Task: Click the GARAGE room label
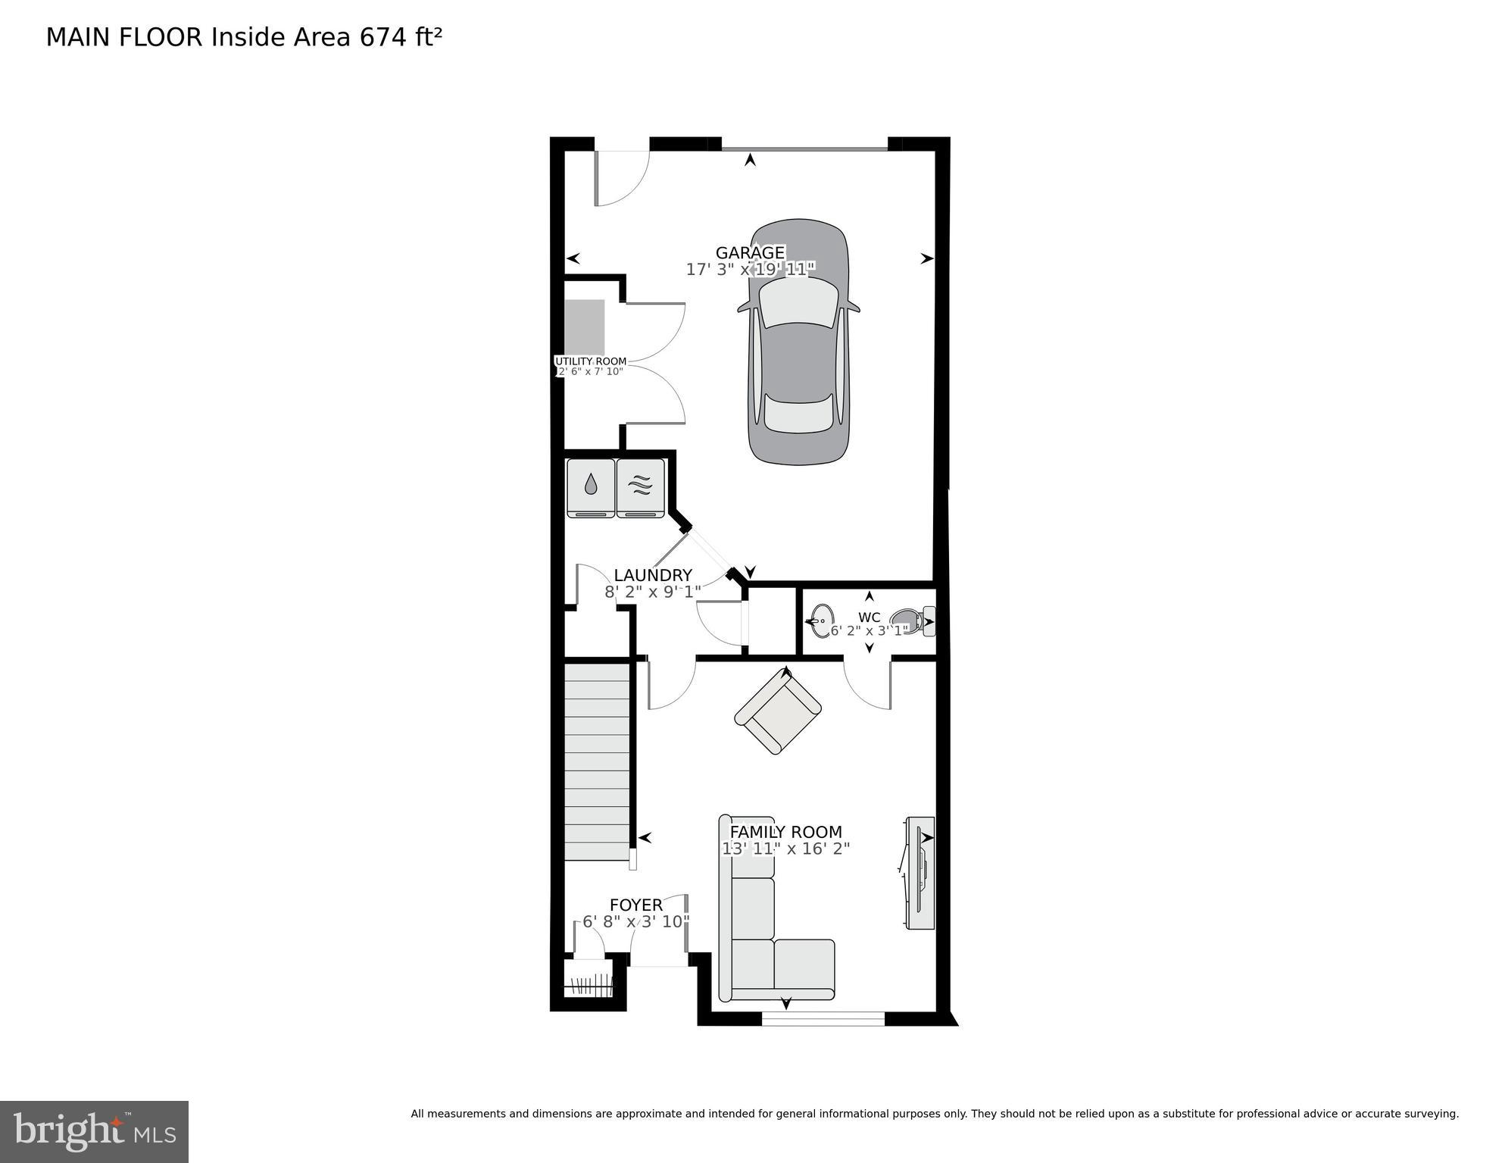point(750,252)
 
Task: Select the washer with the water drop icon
point(591,488)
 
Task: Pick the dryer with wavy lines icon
point(641,488)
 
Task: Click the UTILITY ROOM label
point(590,361)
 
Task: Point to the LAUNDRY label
point(653,575)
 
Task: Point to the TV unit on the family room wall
point(920,873)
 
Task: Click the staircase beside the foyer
point(597,761)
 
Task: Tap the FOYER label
point(636,905)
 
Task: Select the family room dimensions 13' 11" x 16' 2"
point(785,849)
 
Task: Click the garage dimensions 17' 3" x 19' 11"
point(750,269)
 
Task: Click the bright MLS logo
point(94,1131)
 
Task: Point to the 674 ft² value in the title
point(400,37)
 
